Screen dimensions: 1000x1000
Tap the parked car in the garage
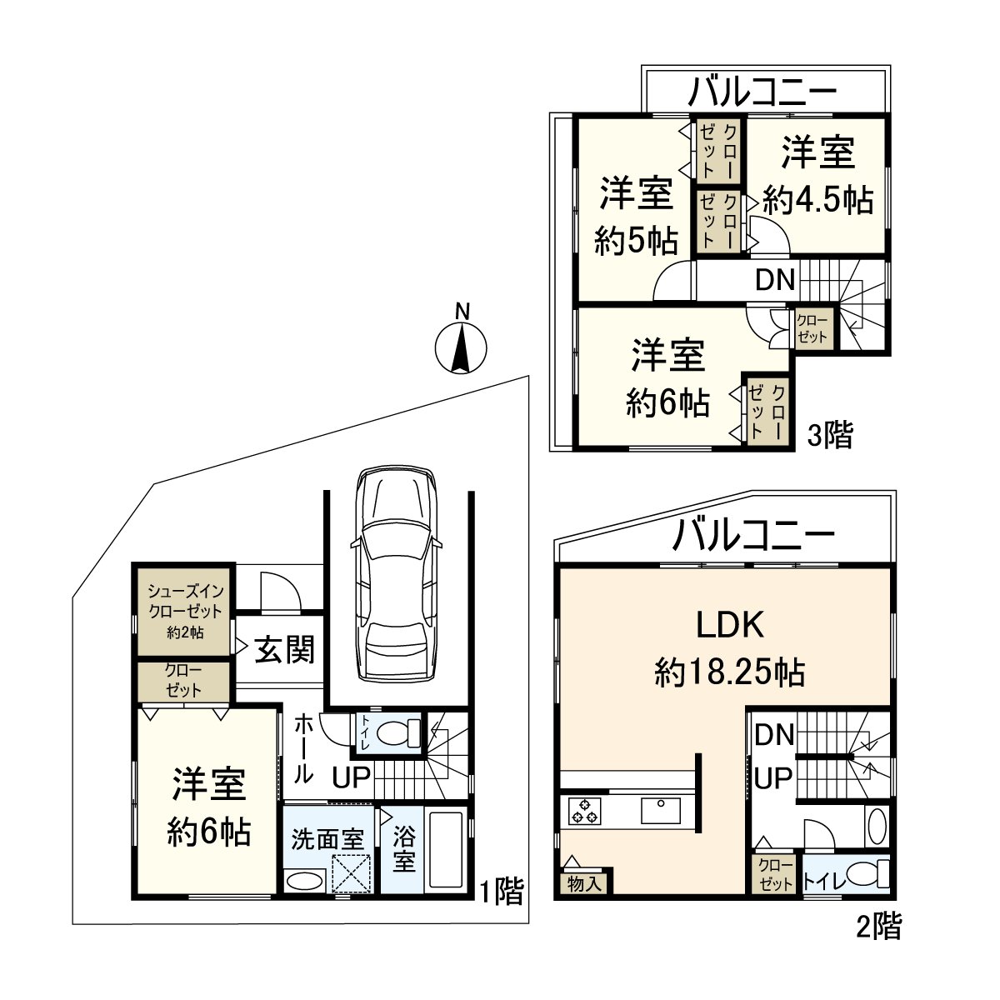click(396, 575)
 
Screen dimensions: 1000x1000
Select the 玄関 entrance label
click(285, 650)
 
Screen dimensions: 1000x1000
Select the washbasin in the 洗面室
click(304, 880)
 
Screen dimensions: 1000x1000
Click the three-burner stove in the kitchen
click(584, 811)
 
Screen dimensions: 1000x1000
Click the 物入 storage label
click(584, 883)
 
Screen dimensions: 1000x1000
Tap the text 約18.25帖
click(729, 672)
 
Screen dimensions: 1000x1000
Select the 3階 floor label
click(831, 435)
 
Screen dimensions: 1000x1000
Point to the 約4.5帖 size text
click(817, 200)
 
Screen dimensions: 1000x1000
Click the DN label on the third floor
click(775, 280)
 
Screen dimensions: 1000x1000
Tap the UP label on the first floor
click(352, 777)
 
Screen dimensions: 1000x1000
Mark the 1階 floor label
click(501, 892)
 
